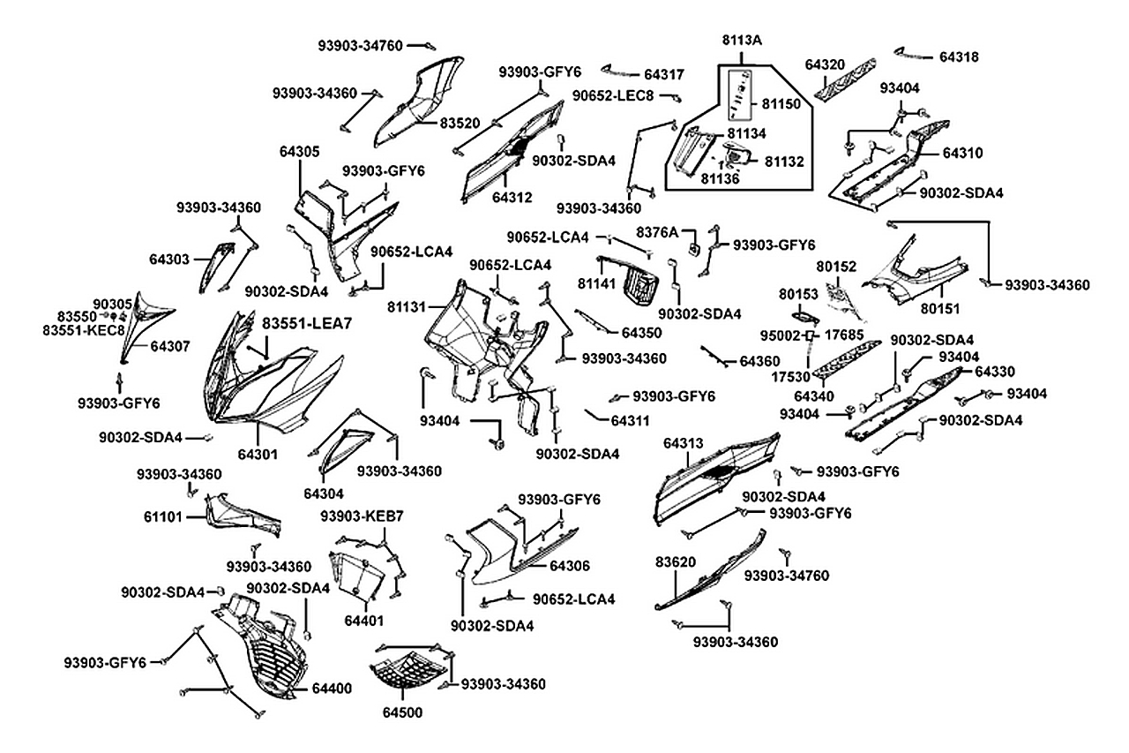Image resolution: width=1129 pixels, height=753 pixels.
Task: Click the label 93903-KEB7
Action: click(x=362, y=516)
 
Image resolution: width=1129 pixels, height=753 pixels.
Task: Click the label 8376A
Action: click(x=656, y=232)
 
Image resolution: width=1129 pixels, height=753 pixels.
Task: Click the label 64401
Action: click(x=364, y=620)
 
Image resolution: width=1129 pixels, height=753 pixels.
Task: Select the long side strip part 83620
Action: click(x=714, y=574)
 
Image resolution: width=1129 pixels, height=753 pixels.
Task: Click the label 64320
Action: click(x=825, y=64)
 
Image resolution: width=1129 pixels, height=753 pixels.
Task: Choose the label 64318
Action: click(x=959, y=56)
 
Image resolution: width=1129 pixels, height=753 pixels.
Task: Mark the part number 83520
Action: click(x=460, y=124)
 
